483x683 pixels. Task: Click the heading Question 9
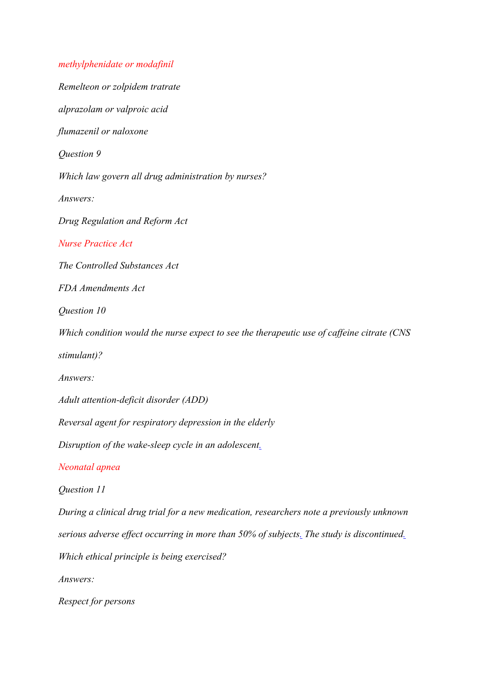[79, 154]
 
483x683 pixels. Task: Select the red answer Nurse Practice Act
[95, 244]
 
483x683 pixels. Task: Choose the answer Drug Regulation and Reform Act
[123, 221]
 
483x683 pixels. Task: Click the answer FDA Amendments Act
[101, 288]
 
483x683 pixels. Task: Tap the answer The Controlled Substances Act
[118, 266]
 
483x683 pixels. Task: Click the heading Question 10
[82, 311]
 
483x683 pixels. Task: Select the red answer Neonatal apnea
[89, 467]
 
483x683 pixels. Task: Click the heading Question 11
[82, 490]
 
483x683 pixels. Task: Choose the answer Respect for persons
[96, 601]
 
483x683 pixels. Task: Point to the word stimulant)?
[80, 355]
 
